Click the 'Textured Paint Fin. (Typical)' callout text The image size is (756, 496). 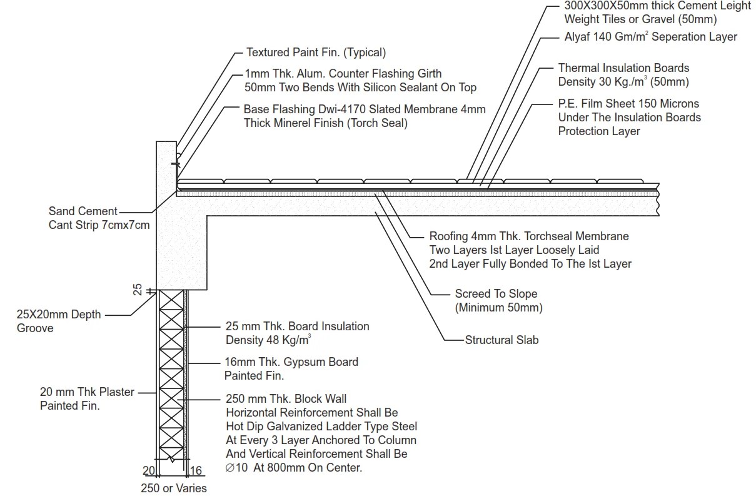(316, 53)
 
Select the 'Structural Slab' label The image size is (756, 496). (501, 340)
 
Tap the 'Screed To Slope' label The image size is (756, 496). (496, 294)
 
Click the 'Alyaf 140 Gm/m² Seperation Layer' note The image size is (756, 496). (647, 37)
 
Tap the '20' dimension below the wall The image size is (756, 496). (149, 470)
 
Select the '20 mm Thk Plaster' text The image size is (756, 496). (88, 392)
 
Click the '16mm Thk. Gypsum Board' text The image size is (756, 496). (291, 362)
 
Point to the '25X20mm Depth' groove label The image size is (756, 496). (59, 315)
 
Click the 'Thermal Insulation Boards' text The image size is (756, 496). (623, 68)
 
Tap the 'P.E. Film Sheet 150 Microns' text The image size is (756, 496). (628, 104)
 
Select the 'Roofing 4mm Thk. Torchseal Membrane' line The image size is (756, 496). (529, 236)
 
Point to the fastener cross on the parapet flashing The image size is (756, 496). (176, 164)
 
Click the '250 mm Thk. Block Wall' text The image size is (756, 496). (286, 399)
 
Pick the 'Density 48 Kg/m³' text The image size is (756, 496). (269, 340)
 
